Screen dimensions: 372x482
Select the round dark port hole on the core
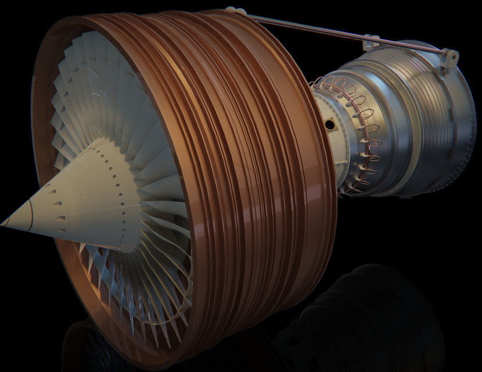pos(329,125)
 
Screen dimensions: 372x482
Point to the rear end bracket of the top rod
pos(450,57)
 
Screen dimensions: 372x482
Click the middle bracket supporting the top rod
pos(368,42)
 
